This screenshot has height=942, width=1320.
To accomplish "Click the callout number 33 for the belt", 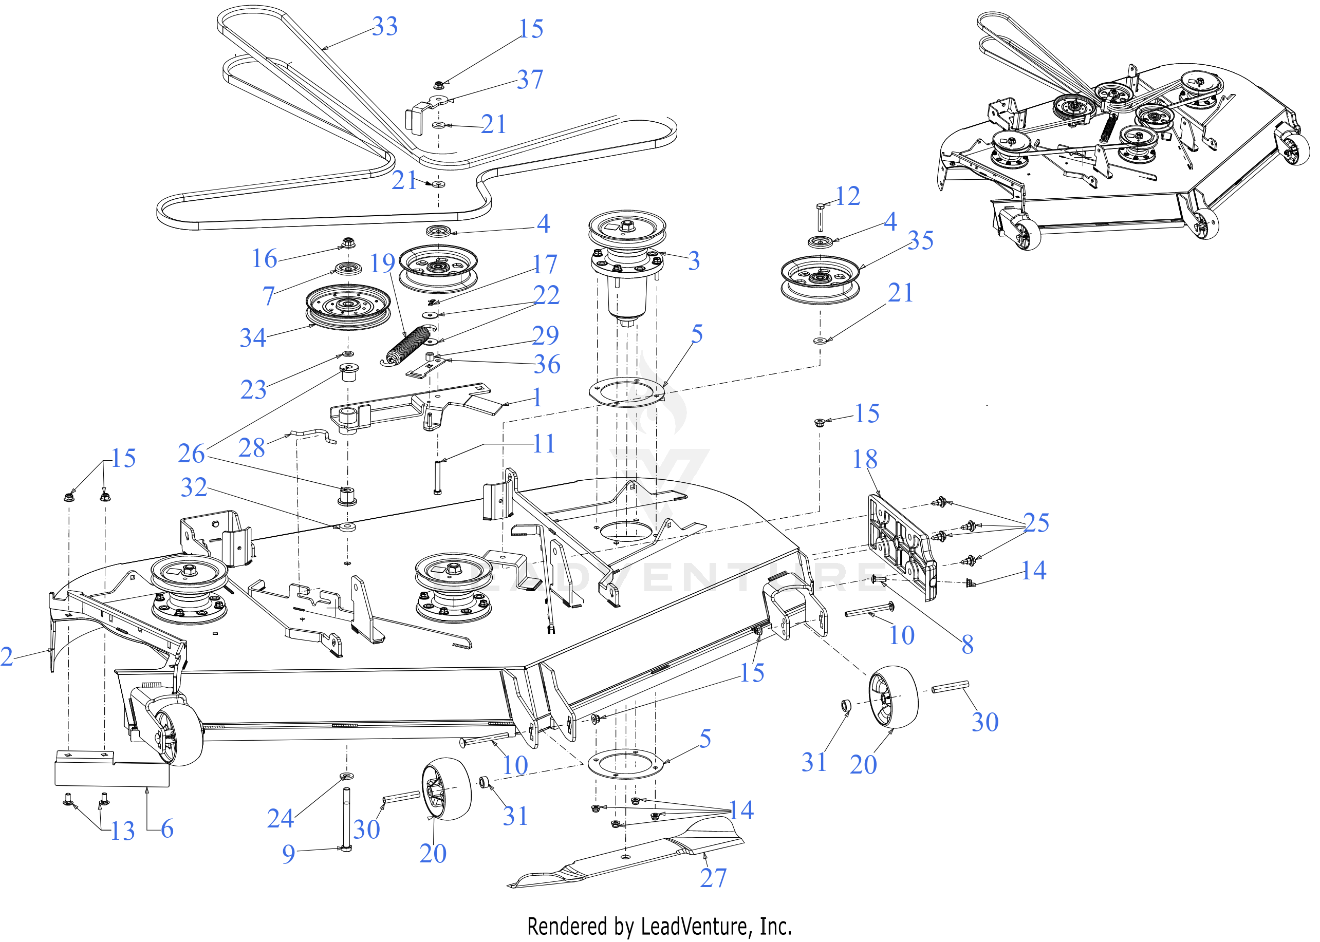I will pyautogui.click(x=385, y=26).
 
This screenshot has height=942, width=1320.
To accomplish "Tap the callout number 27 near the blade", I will pyautogui.click(x=713, y=878).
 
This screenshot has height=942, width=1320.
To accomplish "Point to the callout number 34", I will pyautogui.click(x=253, y=337).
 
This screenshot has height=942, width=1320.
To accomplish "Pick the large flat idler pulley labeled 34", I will pyautogui.click(x=347, y=306).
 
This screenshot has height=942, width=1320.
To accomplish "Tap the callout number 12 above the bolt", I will pyautogui.click(x=848, y=196).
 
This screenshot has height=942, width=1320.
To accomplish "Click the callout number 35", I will pyautogui.click(x=921, y=240).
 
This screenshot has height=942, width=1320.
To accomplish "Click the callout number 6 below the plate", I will pyautogui.click(x=167, y=829).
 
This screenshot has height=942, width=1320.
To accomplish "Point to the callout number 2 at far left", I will pyautogui.click(x=7, y=656).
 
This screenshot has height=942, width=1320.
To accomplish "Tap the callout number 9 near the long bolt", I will pyautogui.click(x=288, y=854).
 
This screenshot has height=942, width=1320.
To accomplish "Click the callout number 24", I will pyautogui.click(x=280, y=818).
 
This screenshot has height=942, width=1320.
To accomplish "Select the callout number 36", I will pyautogui.click(x=547, y=364).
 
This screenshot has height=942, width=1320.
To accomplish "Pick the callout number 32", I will pyautogui.click(x=194, y=487).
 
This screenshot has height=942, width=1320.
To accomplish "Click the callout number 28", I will pyautogui.click(x=252, y=448).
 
